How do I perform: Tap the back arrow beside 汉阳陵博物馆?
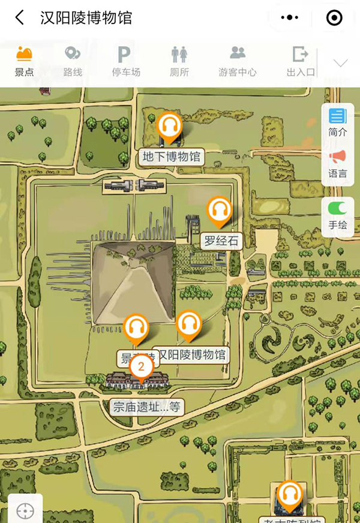[x=20, y=18]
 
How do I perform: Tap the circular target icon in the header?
[x=334, y=18]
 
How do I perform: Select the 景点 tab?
[x=24, y=62]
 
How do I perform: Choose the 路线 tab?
[x=73, y=62]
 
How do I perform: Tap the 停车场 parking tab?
[x=125, y=62]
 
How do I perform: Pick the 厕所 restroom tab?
[x=179, y=62]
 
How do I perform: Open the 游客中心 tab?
[x=238, y=62]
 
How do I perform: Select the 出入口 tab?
[x=301, y=62]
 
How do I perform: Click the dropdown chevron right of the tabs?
[x=341, y=63]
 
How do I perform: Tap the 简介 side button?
[x=337, y=122]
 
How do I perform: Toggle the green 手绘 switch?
[x=337, y=209]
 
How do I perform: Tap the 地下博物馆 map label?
[x=171, y=157]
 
